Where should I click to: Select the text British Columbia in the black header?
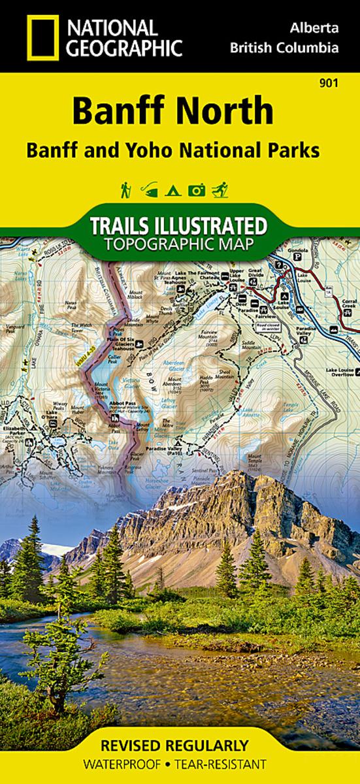[284, 48]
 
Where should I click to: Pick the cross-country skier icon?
[221, 190]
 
